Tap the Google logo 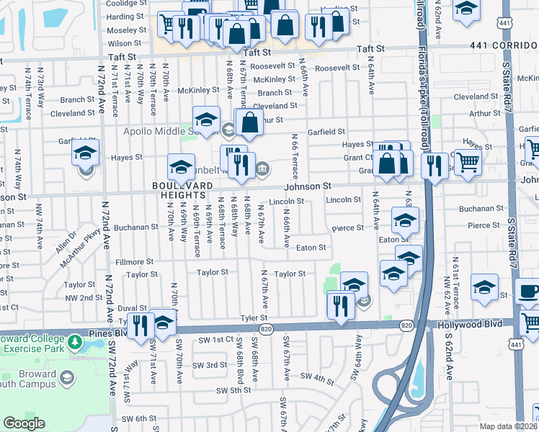point(24,423)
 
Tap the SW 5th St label point(233,390)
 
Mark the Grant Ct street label point(357,158)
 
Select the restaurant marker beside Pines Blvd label point(141,325)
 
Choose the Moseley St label point(127,32)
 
